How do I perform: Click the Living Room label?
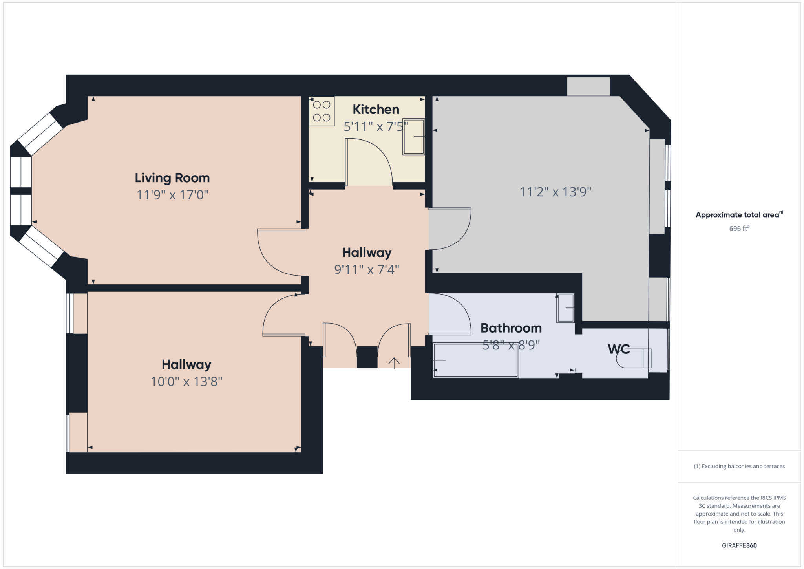172,178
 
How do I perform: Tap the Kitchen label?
376,109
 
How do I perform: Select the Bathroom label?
511,328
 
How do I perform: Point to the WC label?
619,349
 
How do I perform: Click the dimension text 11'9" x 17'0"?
172,195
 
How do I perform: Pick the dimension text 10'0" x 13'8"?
186,381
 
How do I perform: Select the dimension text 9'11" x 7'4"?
367,269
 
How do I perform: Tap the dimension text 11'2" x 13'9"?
555,192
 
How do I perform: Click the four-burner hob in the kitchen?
322,111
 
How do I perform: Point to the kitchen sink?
414,137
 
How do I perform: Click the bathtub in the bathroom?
476,360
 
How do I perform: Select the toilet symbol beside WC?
634,358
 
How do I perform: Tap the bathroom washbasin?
565,308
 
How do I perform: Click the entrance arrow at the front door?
394,363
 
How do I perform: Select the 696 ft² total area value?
739,228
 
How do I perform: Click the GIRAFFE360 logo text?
739,545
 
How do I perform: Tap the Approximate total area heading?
739,214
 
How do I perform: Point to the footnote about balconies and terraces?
739,466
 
